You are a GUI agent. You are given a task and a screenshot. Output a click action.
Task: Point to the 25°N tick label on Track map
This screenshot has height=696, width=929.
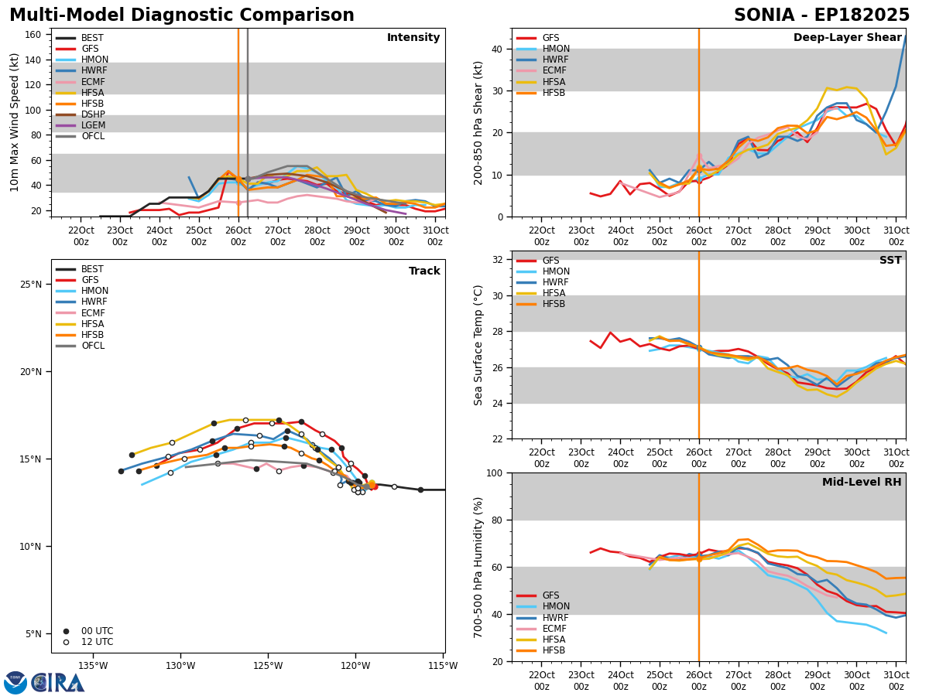[x=31, y=285]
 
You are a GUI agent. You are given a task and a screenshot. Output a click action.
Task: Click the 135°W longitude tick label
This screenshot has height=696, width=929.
[x=93, y=666]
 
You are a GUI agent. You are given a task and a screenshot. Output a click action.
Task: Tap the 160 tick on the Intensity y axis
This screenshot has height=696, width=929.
[x=33, y=35]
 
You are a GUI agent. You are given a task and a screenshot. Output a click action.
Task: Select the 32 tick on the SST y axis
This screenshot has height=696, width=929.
[x=498, y=260]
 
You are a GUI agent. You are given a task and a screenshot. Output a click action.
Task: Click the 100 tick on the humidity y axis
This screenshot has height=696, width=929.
[x=495, y=473]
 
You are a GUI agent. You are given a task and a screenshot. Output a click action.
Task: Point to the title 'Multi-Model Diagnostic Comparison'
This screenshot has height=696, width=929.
[x=182, y=15]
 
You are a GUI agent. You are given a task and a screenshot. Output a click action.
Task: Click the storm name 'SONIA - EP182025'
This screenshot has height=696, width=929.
[x=821, y=15]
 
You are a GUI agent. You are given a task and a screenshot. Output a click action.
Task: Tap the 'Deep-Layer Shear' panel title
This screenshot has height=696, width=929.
[x=847, y=38]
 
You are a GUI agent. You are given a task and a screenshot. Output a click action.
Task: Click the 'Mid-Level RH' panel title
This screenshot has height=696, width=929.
[x=862, y=482]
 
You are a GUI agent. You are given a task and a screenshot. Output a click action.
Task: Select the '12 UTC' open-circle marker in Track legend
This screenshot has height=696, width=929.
[x=66, y=643]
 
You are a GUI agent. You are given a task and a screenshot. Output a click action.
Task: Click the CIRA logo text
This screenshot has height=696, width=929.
[x=58, y=683]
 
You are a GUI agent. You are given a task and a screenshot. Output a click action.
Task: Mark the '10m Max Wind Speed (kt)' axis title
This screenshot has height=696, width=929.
[x=14, y=122]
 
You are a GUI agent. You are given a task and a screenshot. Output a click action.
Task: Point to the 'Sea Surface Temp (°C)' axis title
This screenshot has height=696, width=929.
[x=478, y=346]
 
